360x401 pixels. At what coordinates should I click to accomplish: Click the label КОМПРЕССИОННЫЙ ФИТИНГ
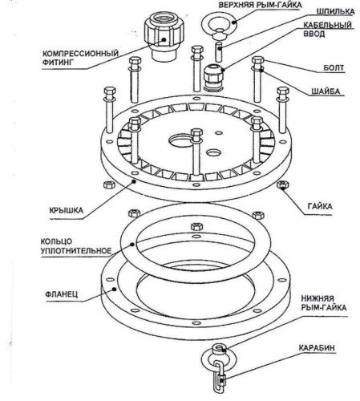(x=80, y=58)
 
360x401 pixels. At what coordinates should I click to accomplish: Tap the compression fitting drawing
(x=164, y=37)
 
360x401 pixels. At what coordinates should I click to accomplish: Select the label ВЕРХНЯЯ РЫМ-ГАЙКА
(x=260, y=5)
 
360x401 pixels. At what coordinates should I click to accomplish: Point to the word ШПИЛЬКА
(x=336, y=11)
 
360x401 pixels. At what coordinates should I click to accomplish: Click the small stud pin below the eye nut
(x=219, y=52)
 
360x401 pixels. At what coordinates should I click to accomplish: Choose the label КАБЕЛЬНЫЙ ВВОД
(x=327, y=30)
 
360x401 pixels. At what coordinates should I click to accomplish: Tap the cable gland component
(x=214, y=77)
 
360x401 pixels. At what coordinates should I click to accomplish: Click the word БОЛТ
(x=334, y=68)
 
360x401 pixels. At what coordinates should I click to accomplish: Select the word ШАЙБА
(x=326, y=91)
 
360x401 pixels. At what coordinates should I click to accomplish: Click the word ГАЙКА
(x=320, y=206)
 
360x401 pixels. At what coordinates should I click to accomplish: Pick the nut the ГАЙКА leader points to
(x=283, y=184)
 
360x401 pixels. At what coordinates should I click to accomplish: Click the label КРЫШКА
(x=67, y=210)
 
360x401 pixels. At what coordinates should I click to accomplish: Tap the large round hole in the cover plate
(x=181, y=140)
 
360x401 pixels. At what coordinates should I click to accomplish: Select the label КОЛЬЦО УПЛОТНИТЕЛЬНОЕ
(x=76, y=246)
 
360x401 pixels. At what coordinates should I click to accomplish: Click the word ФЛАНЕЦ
(x=62, y=294)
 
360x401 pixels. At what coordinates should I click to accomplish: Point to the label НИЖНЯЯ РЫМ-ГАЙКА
(x=324, y=303)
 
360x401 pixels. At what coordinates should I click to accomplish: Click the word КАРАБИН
(x=317, y=347)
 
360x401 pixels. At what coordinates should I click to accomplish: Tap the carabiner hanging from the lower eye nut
(x=220, y=376)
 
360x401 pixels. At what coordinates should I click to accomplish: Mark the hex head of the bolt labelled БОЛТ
(x=258, y=61)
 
